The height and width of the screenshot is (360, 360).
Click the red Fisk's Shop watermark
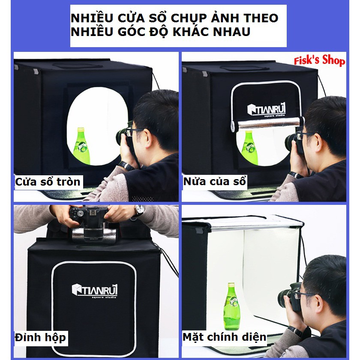point(319,60)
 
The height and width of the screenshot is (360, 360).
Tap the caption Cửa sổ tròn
point(48,182)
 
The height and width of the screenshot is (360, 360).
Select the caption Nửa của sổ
point(215,181)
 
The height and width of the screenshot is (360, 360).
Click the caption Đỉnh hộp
point(40,338)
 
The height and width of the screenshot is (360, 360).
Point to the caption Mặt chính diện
point(224,337)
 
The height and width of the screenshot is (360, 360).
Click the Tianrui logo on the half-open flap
point(267,110)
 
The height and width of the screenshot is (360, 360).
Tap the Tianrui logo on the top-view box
point(95,291)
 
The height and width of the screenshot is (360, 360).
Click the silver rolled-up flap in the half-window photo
point(268,124)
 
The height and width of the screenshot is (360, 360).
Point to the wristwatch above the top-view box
point(139,210)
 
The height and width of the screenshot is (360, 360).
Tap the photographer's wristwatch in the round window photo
point(126,165)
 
